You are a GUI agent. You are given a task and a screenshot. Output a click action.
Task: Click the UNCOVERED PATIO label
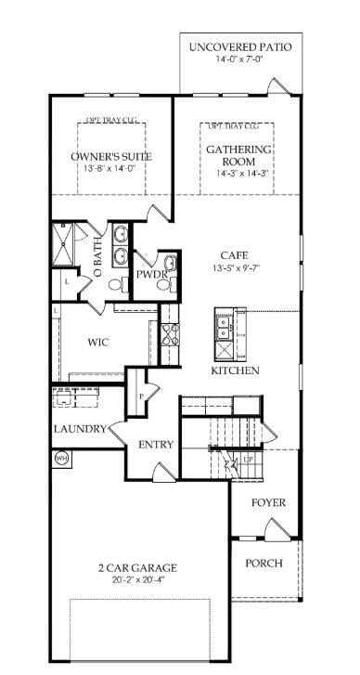240,46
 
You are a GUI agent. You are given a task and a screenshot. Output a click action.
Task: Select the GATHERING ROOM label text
239,155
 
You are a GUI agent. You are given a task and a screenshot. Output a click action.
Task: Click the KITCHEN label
235,370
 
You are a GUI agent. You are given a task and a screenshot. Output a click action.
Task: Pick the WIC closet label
98,343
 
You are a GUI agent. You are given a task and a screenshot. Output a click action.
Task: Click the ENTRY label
156,445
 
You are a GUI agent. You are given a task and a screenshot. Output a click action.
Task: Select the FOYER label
269,503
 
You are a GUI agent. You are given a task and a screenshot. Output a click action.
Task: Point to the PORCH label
264,564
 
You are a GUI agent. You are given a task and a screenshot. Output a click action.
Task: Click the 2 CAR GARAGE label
136,567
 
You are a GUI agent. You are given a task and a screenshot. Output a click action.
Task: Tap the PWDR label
150,275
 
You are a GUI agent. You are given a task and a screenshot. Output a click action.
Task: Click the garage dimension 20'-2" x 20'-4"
136,581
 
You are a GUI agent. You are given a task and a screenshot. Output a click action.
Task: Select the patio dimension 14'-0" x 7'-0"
240,60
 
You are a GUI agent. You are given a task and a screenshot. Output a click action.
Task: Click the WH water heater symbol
62,458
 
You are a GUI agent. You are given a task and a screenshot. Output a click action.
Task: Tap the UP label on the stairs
248,459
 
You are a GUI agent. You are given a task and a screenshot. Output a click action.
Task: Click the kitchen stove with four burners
170,344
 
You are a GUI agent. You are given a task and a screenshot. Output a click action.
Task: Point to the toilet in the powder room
164,285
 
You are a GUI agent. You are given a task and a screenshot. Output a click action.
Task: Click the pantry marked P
141,396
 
